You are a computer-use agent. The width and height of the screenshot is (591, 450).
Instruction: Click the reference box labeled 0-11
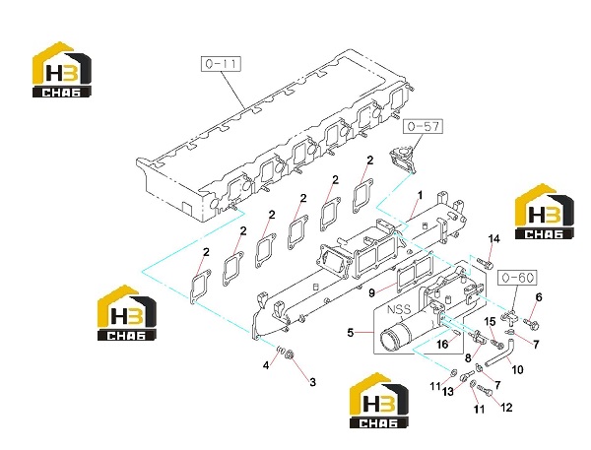[221, 64]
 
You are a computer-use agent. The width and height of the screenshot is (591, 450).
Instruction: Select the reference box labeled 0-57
[424, 126]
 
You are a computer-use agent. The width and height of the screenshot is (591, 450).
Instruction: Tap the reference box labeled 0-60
[518, 278]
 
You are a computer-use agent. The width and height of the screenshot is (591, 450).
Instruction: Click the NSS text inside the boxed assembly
[399, 310]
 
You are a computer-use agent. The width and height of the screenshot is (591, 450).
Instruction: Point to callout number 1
[420, 195]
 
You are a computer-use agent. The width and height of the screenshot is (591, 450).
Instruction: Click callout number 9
[371, 292]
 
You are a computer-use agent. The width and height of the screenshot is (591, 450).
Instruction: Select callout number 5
[351, 333]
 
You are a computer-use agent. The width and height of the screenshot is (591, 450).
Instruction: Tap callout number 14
[493, 239]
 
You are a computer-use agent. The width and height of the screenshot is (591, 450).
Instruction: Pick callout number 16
[442, 344]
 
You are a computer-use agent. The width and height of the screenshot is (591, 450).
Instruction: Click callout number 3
[312, 382]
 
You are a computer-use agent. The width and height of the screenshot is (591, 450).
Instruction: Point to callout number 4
[266, 365]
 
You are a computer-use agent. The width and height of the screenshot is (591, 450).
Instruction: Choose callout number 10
[517, 369]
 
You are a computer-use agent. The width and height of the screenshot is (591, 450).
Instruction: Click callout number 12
[506, 408]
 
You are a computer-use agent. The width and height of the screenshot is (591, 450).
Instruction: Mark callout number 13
[448, 392]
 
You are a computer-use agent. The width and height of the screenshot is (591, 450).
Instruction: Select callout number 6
[539, 297]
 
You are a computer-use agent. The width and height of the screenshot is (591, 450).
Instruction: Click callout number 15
[490, 321]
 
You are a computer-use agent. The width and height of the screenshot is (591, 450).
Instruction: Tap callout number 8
[468, 358]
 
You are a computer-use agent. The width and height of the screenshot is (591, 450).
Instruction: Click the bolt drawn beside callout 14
[485, 263]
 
